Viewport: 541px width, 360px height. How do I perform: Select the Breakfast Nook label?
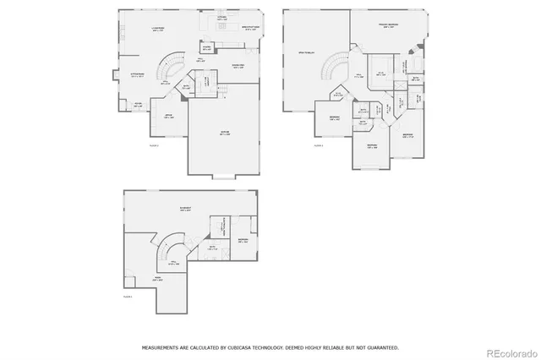click(251, 27)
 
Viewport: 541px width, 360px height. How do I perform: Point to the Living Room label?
click(157, 29)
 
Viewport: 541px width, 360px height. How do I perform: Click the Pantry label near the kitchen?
click(206, 47)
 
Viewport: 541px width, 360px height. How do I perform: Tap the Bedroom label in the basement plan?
click(243, 241)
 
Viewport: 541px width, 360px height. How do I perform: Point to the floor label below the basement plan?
click(128, 297)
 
